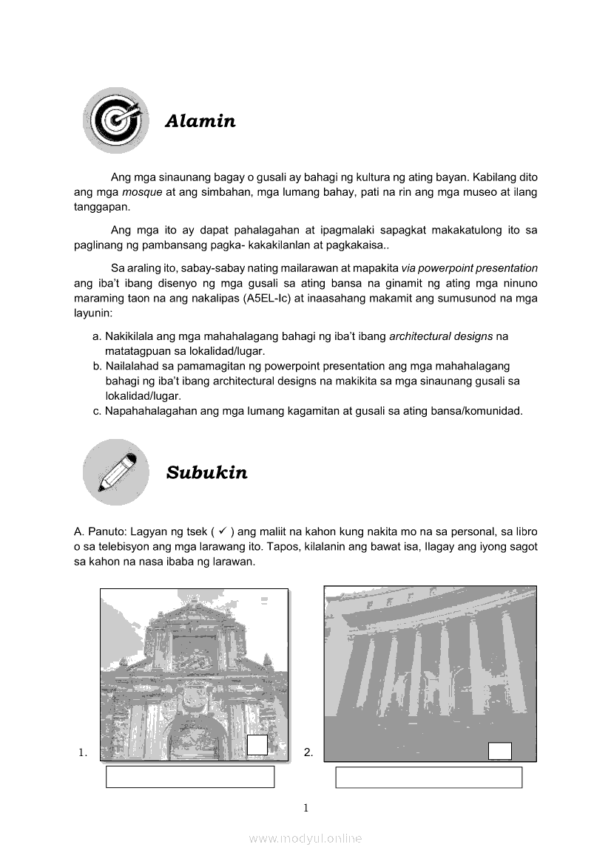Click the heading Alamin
200,121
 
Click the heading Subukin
206,473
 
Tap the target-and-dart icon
115,120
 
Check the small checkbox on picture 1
257,745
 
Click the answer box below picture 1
190,777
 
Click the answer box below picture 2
428,778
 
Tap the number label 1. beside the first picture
83,753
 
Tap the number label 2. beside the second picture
308,753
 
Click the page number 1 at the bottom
305,808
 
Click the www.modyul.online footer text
305,838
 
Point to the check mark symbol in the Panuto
222,530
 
